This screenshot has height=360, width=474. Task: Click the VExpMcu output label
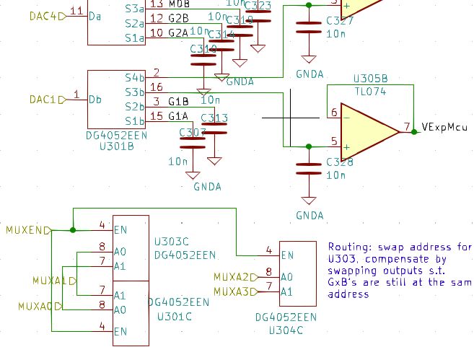444,126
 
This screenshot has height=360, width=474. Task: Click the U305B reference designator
370,78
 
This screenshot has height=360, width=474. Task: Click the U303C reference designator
172,242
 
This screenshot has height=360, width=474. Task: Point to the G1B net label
178,102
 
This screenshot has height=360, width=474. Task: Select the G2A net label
178,33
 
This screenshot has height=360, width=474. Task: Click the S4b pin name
134,77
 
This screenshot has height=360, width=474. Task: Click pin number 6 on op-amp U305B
334,113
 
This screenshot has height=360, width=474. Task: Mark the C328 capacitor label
339,162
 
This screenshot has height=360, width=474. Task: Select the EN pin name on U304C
287,255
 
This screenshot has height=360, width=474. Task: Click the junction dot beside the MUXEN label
73,230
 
